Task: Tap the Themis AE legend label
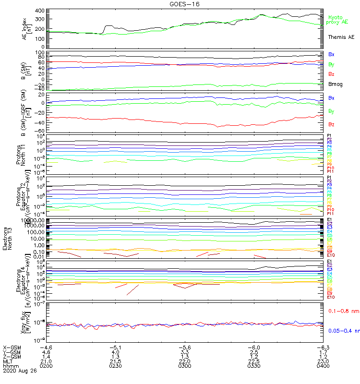341,37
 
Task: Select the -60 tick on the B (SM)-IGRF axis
39,131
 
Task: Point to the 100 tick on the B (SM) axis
40,52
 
